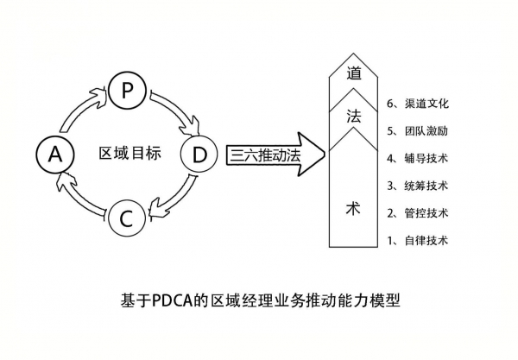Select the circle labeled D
[199, 155]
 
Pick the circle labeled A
[54, 155]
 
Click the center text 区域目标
[129, 155]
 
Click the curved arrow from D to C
[173, 200]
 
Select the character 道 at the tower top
[352, 74]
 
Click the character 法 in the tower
[352, 117]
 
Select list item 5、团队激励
[418, 131]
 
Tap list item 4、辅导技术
[418, 158]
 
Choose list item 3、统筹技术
[418, 186]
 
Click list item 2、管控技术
[418, 213]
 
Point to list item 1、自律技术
[418, 241]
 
